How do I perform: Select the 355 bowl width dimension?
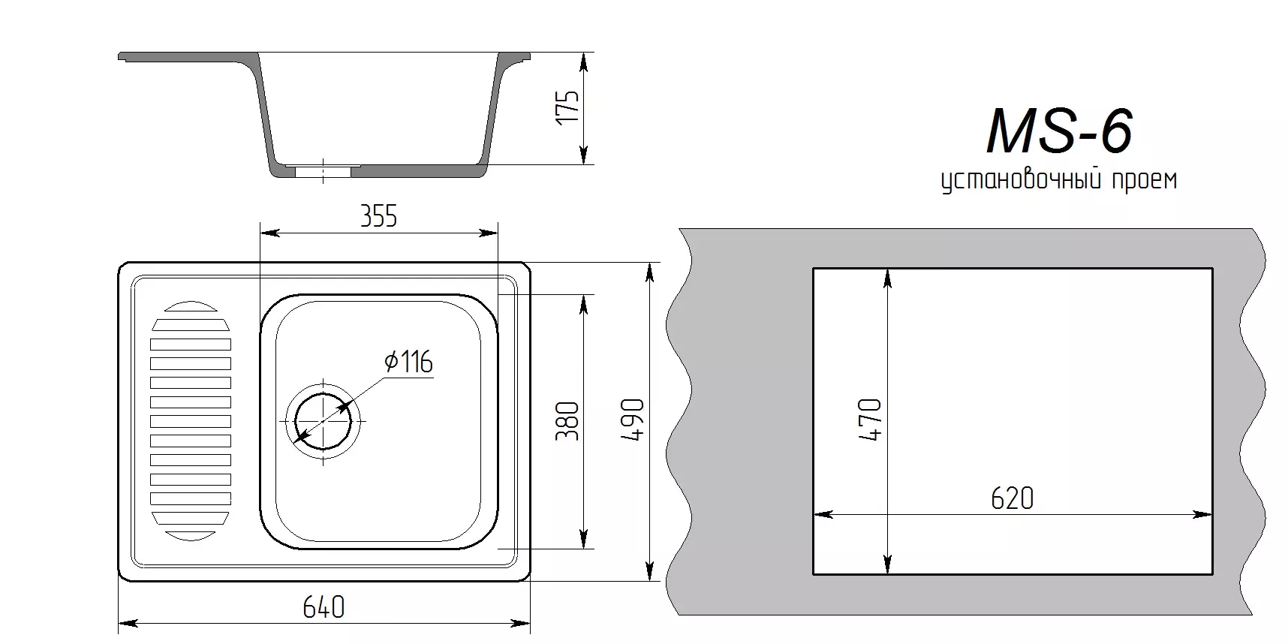coord(378,217)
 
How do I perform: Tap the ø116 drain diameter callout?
coord(409,363)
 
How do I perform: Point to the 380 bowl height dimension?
coord(568,421)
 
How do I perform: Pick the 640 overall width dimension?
coord(324,606)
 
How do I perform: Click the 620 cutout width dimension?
coord(1012,498)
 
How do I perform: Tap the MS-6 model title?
coord(1060,131)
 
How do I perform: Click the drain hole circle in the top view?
coord(323,420)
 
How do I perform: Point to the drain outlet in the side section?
coord(323,172)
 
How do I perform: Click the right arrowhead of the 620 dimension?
coord(1202,515)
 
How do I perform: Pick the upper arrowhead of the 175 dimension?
coord(584,63)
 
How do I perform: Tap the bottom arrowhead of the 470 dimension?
coord(888,564)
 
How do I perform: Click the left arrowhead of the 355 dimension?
coord(269,233)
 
